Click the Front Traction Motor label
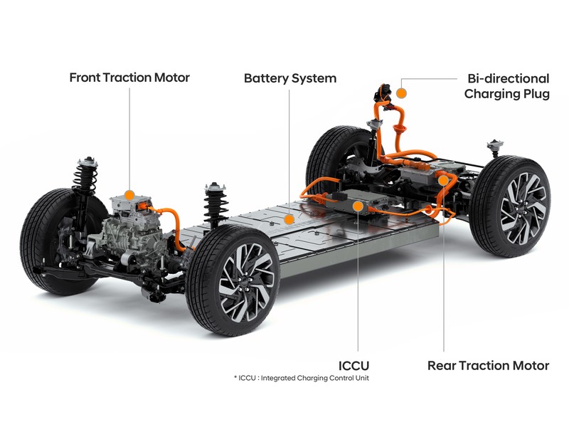[x=129, y=78]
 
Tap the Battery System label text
[x=290, y=78]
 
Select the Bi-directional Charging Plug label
[x=507, y=86]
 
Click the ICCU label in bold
[x=353, y=365]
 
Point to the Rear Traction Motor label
[x=489, y=365]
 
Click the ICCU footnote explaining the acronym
[x=302, y=378]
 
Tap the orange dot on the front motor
[x=129, y=195]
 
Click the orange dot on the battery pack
[x=289, y=219]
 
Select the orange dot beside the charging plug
[x=401, y=93]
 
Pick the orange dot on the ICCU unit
[x=358, y=206]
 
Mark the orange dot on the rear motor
[x=443, y=181]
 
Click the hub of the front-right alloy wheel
[x=246, y=282]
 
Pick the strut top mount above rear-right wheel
[x=495, y=145]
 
